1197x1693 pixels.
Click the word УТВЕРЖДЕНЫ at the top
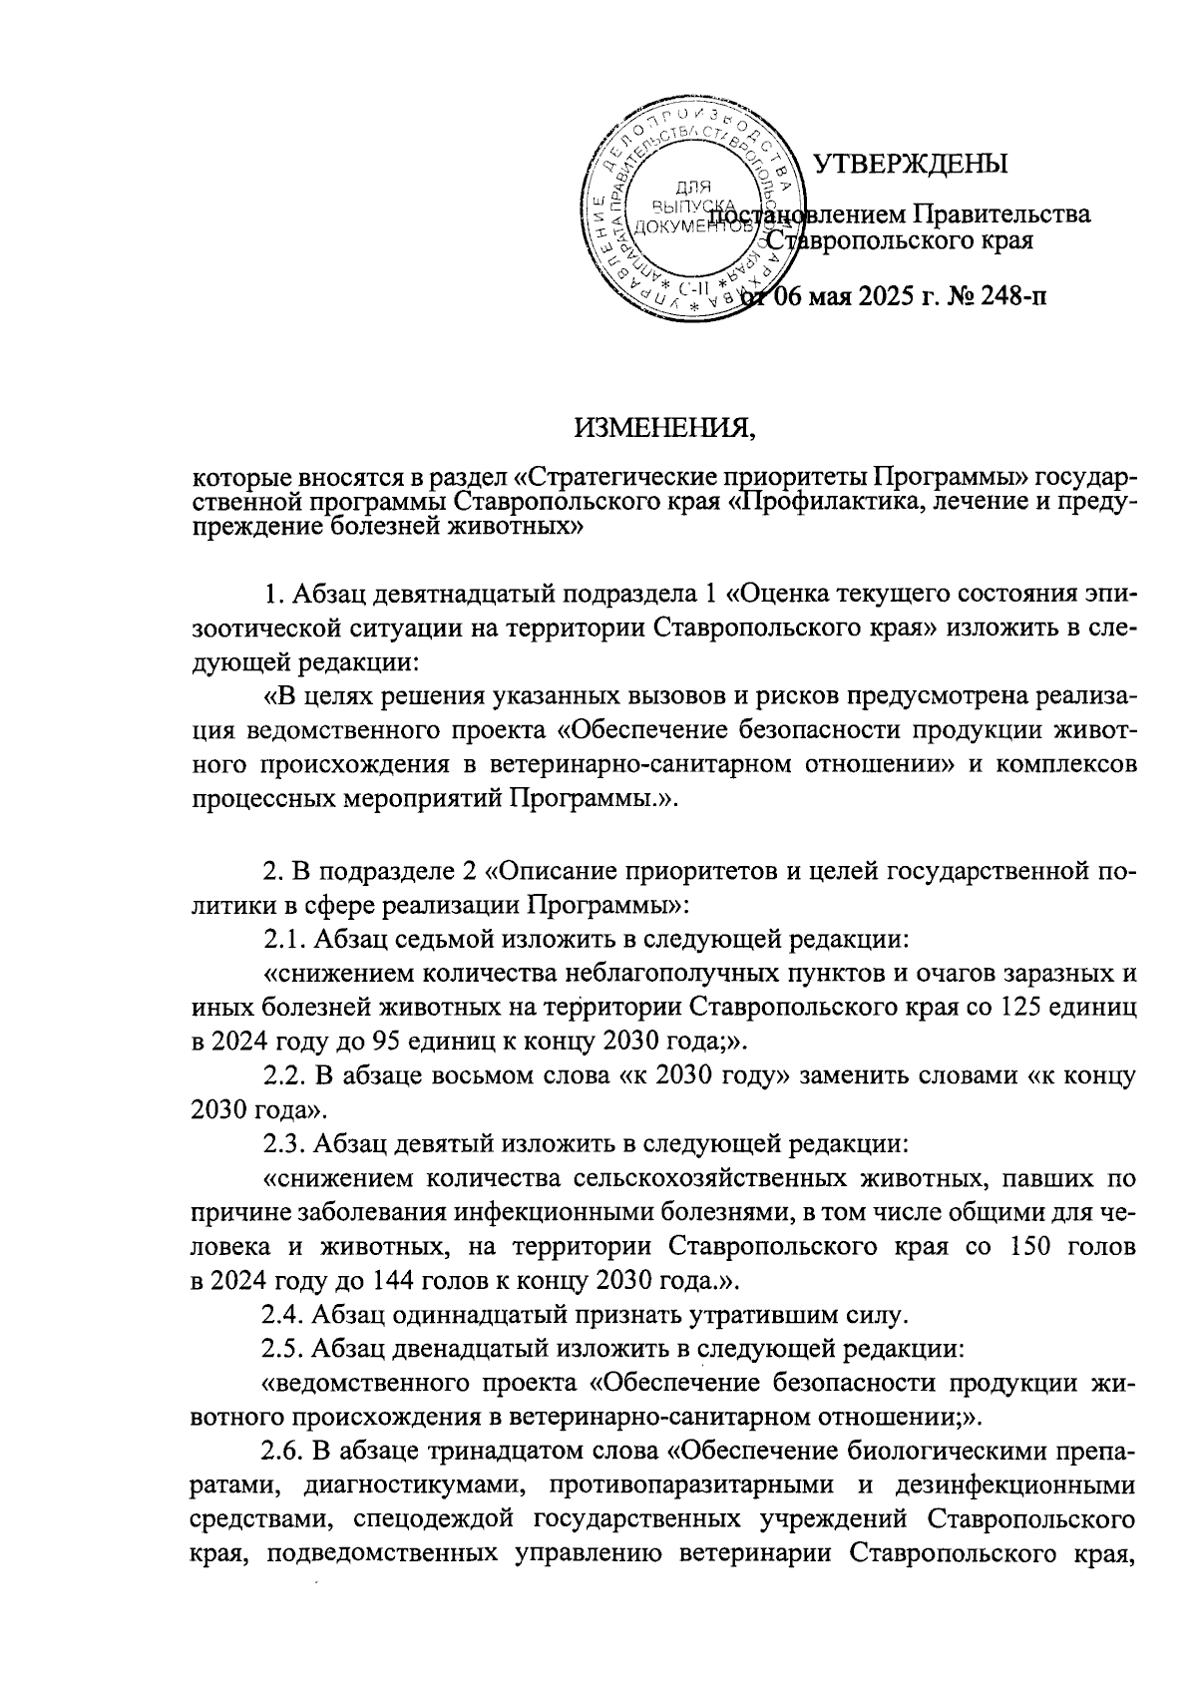911,164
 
